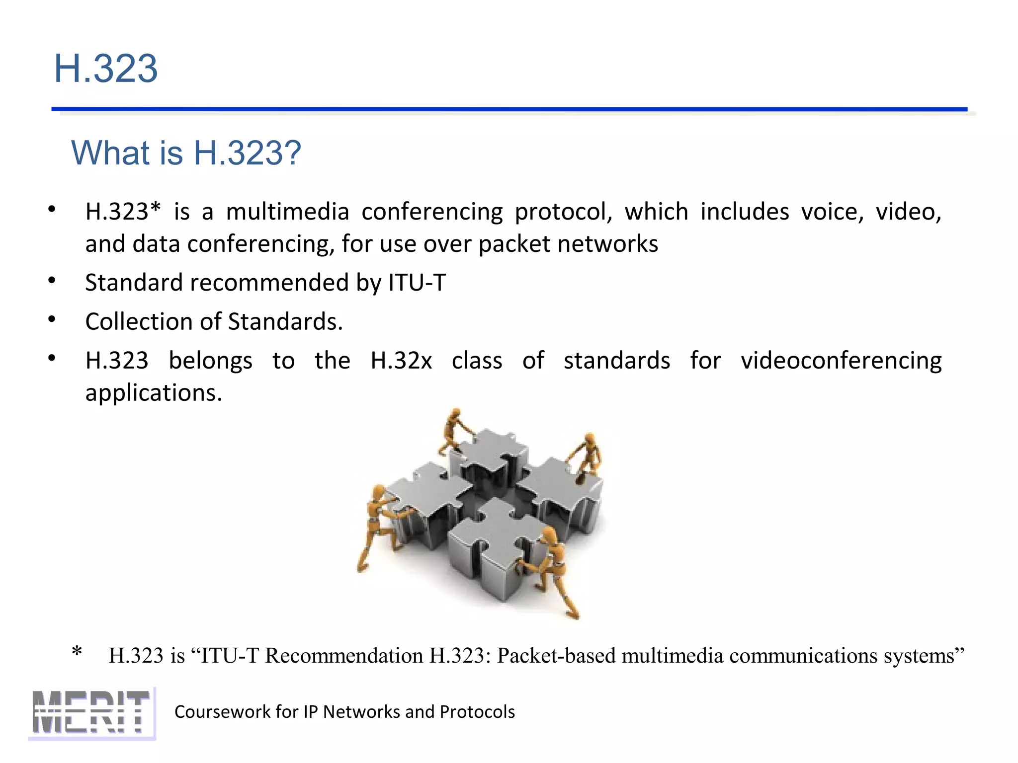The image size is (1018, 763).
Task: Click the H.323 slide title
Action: click(106, 69)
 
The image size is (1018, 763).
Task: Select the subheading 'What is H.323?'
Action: click(186, 153)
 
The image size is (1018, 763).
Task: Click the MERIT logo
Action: click(91, 713)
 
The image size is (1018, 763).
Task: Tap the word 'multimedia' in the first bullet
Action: click(287, 212)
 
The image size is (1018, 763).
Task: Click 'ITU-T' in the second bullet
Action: click(417, 283)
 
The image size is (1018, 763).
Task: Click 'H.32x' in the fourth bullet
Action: click(401, 361)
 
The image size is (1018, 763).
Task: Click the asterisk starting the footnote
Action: click(77, 652)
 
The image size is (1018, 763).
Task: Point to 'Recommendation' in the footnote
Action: click(344, 656)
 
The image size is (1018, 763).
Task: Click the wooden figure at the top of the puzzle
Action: click(454, 430)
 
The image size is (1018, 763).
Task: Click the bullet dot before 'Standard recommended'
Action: click(52, 281)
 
